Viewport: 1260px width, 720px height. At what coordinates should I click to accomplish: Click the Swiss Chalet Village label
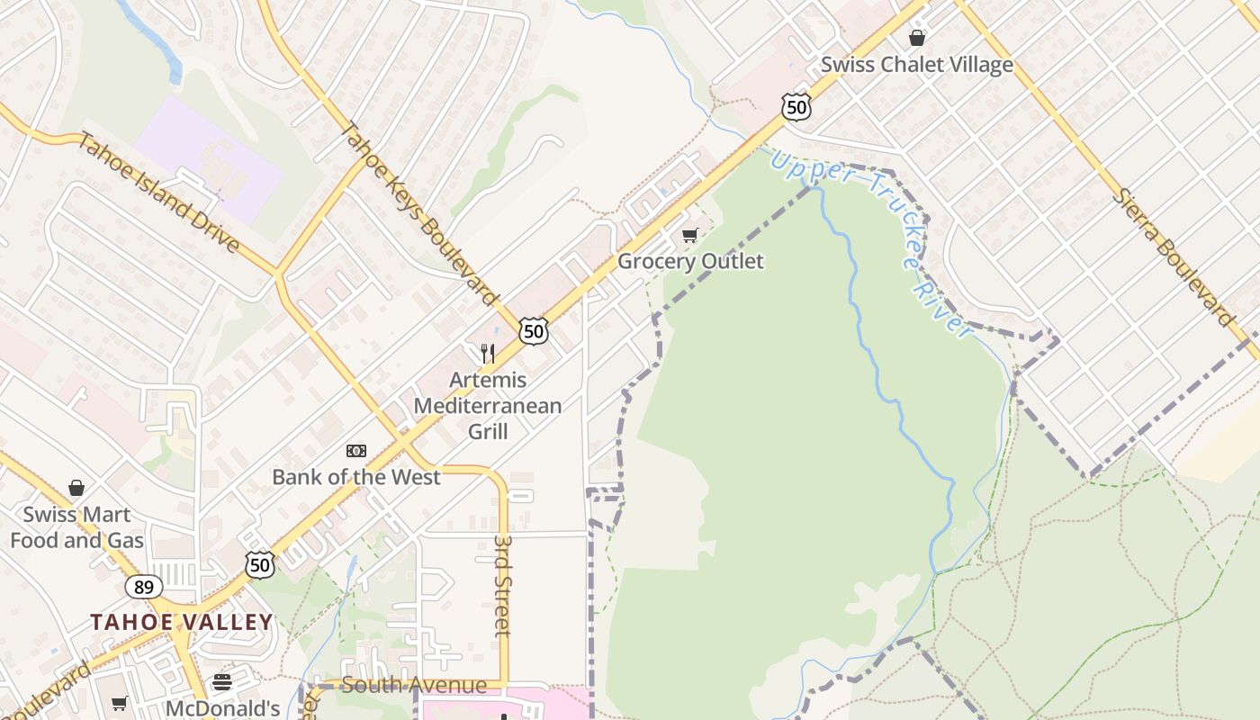(x=916, y=65)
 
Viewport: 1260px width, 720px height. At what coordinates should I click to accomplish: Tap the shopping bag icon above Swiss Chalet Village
(x=916, y=38)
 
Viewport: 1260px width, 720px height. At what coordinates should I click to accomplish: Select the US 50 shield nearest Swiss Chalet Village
(x=796, y=108)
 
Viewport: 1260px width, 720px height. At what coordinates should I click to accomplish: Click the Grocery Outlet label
(x=690, y=261)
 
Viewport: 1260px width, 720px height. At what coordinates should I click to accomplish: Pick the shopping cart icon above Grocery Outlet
(x=690, y=236)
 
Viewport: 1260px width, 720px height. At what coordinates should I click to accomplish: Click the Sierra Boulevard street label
(x=1174, y=256)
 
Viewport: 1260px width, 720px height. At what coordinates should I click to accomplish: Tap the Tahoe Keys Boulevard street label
(x=419, y=214)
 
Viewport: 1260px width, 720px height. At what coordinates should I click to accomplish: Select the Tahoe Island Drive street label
(x=158, y=193)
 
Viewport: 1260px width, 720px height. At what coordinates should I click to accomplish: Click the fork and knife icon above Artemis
(x=488, y=353)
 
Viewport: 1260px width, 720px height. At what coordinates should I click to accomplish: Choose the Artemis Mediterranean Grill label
(x=488, y=406)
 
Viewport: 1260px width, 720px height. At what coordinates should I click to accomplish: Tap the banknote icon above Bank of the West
(x=356, y=451)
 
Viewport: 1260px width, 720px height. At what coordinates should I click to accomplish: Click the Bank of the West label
(x=356, y=477)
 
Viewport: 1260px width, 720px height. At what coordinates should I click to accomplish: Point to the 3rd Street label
(x=502, y=585)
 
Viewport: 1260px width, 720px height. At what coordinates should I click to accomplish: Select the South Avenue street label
(x=414, y=686)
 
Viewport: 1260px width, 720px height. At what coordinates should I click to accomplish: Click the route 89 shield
(x=144, y=588)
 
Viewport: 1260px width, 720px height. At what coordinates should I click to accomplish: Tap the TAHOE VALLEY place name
(x=181, y=622)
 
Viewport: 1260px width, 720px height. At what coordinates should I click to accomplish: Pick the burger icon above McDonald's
(x=222, y=682)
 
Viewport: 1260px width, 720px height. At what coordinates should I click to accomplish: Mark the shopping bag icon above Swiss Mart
(x=76, y=488)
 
